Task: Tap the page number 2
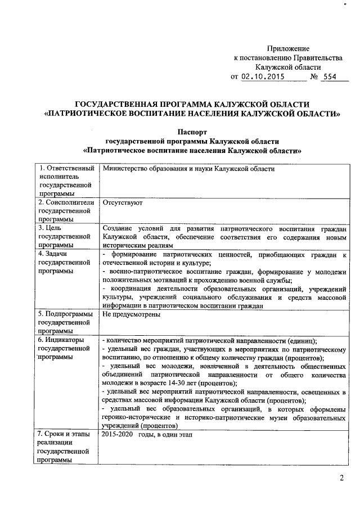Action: [x=341, y=478]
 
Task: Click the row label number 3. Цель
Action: [x=53, y=228]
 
